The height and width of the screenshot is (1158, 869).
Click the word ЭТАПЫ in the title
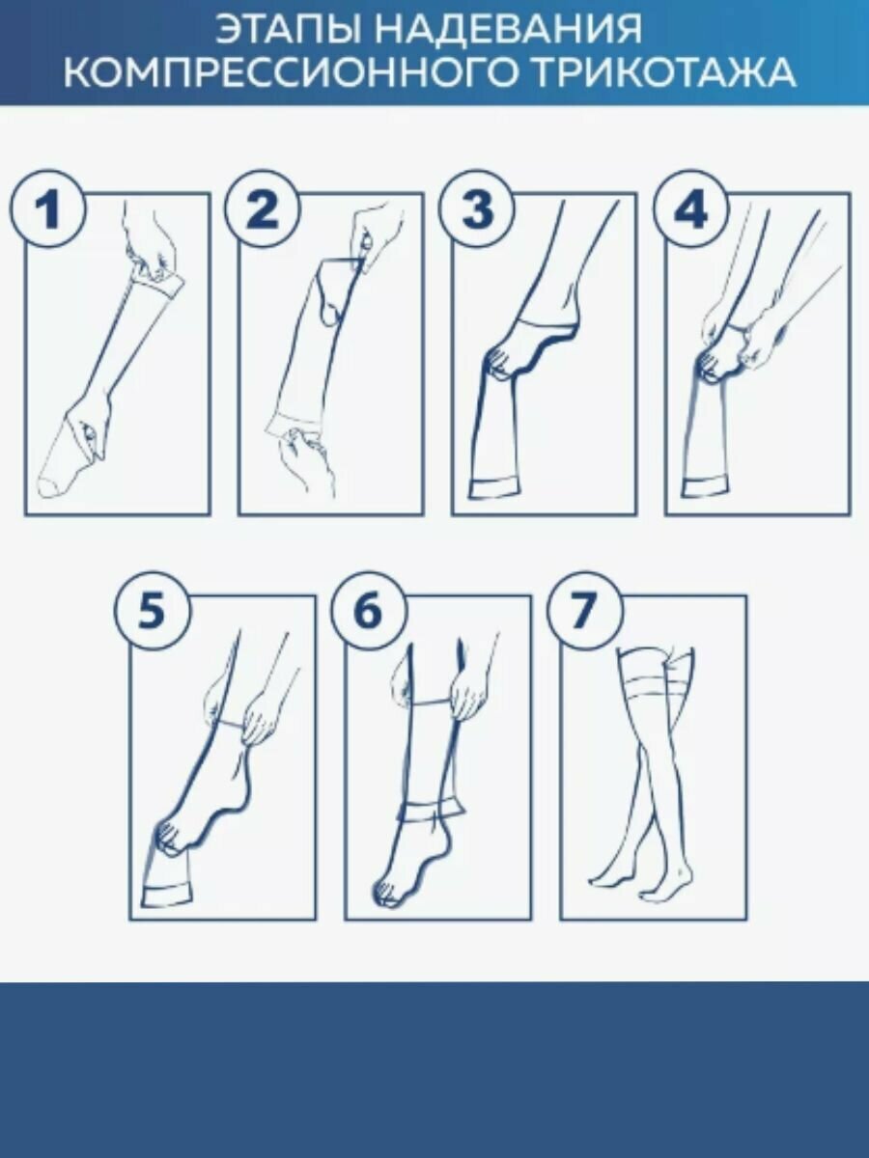click(x=288, y=29)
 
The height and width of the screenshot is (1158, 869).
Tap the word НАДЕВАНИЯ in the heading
click(x=510, y=29)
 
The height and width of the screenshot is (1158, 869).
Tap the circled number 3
click(x=475, y=209)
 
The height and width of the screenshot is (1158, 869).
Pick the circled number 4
click(x=689, y=209)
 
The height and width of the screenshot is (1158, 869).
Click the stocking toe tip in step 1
click(x=46, y=488)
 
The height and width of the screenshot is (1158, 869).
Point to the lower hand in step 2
click(x=307, y=458)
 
